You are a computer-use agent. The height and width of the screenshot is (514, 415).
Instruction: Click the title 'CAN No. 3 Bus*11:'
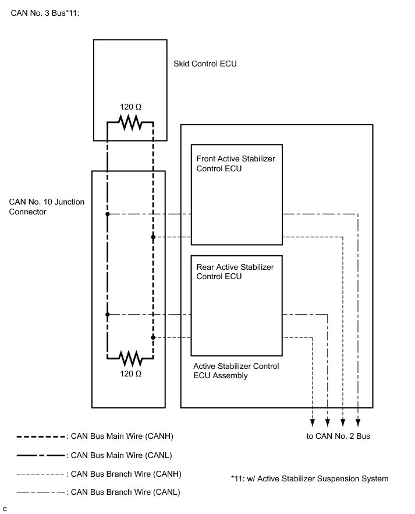tap(45, 13)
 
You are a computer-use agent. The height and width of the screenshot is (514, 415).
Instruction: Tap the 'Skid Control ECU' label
tap(205, 64)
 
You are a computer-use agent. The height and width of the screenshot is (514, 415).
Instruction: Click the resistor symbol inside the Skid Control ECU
tap(130, 122)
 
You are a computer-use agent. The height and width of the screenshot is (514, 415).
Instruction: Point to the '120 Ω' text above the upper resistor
tap(130, 107)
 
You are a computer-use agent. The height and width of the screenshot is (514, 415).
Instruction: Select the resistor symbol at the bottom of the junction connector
tap(130, 358)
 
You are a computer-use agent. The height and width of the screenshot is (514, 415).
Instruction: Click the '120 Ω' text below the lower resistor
tap(130, 374)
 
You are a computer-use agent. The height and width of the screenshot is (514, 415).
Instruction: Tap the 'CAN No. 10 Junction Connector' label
tap(47, 207)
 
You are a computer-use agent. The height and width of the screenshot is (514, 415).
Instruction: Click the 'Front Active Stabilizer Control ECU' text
tap(236, 164)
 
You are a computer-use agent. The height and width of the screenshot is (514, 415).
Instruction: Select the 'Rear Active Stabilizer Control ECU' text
tap(235, 272)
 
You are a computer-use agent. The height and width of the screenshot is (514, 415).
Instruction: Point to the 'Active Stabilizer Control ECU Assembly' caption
tap(236, 371)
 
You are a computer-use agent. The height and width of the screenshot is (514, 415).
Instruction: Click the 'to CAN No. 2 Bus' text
tap(338, 436)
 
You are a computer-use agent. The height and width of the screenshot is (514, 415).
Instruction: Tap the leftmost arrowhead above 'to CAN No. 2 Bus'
tap(312, 423)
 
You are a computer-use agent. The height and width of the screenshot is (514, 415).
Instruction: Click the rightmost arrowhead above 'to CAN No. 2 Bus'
tap(358, 423)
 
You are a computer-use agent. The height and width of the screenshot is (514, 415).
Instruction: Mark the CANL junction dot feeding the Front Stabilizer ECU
tap(107, 214)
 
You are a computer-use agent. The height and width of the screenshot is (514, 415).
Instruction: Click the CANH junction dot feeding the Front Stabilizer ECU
tap(153, 237)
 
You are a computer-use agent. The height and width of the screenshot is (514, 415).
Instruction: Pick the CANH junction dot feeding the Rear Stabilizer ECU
tap(153, 337)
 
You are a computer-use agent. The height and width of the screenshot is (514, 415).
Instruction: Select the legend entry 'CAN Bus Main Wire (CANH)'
tap(95, 436)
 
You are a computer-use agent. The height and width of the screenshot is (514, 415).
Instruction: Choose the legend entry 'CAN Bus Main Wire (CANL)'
tap(94, 455)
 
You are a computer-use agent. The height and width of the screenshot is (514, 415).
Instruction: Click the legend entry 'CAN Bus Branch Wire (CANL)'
tap(98, 492)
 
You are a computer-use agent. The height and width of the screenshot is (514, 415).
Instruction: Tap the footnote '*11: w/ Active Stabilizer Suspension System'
tap(310, 478)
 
